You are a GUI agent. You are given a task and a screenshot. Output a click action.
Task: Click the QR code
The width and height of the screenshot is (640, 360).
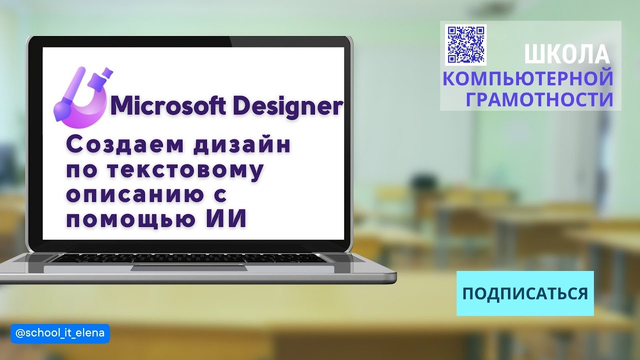pos(465,44)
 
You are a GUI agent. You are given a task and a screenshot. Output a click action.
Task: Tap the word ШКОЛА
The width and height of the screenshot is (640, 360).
pos(567,54)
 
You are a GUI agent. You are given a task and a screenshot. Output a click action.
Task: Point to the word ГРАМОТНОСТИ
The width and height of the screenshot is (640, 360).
pos(539,99)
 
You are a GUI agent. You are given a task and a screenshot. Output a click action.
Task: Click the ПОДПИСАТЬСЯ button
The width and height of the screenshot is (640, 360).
pos(525,293)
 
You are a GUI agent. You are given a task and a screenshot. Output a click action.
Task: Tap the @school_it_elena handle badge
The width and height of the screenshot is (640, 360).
pos(60,333)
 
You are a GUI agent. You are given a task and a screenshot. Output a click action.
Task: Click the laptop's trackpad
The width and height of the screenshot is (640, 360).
pos(189,268)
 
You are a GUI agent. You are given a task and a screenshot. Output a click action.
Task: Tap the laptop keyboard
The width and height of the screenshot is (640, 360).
pos(189,258)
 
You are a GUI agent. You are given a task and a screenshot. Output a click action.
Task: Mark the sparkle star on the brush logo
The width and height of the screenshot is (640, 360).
pos(106,75)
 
